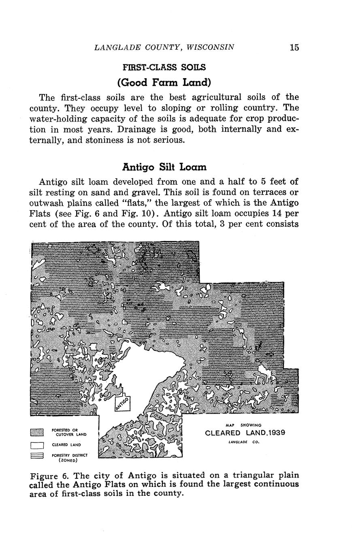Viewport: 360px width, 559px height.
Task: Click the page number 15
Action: (x=294, y=47)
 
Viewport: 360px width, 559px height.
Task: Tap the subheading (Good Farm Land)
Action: (x=164, y=83)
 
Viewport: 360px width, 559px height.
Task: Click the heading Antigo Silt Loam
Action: (x=164, y=167)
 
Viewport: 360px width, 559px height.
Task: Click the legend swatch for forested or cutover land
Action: (x=37, y=432)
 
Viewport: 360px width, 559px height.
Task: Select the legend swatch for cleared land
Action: (x=37, y=445)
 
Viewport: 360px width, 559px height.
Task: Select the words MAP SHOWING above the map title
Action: (x=243, y=425)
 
